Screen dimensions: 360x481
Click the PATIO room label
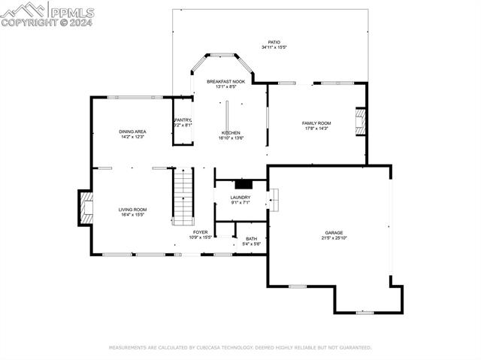pos(274,42)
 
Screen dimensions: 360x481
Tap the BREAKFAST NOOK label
pos(226,81)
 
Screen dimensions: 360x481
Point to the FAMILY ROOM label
pos(316,123)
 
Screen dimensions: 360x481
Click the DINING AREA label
pos(132,132)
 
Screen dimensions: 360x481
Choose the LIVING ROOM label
pos(132,210)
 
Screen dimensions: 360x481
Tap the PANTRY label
pos(183,120)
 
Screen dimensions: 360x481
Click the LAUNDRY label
pos(240,198)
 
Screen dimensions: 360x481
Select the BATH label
pos(251,239)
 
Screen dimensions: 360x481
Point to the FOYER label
pos(200,232)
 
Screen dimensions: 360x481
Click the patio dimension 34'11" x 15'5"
pos(274,47)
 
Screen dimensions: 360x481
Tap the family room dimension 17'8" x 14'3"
pos(316,129)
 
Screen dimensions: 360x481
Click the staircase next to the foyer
pos(183,196)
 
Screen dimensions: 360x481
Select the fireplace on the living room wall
pos(86,207)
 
